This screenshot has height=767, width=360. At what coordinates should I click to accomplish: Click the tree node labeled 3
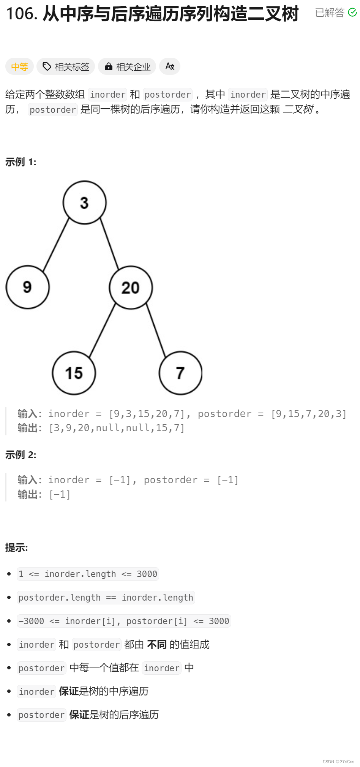tap(84, 203)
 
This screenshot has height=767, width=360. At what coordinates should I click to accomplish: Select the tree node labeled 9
tap(27, 287)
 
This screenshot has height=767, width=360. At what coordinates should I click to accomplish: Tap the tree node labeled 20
tap(131, 288)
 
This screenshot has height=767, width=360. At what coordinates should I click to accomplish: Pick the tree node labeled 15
tap(74, 373)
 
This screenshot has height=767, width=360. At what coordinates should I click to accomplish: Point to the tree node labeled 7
tap(180, 373)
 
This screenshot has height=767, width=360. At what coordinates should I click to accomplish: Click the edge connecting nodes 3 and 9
tap(56, 244)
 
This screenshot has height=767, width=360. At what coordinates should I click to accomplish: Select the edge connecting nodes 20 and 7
tap(156, 330)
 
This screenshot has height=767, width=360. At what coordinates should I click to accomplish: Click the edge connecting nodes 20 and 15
tap(102, 330)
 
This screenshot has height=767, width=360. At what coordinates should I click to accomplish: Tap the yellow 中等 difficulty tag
tap(19, 67)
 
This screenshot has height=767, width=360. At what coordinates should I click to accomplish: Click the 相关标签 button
tap(66, 67)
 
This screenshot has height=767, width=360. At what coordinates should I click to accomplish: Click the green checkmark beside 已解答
tap(352, 13)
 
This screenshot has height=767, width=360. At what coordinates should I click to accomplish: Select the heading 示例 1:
tap(21, 162)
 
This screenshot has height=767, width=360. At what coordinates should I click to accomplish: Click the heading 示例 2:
tap(21, 455)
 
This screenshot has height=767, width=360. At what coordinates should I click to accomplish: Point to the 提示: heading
tap(17, 547)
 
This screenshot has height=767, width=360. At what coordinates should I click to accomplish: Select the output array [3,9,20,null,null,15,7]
tap(117, 428)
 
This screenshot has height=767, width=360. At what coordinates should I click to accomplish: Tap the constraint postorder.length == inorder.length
tap(106, 598)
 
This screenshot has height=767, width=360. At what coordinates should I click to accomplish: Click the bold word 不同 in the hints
tap(157, 644)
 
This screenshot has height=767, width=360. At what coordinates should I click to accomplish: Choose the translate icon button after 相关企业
tap(170, 66)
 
